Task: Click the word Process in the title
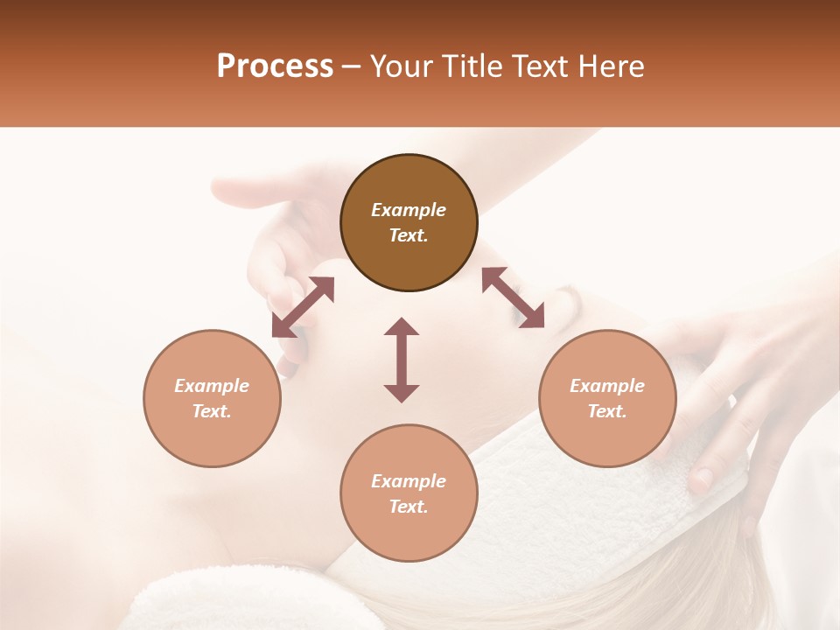point(275,66)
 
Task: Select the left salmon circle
point(212,398)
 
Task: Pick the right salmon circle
point(607,398)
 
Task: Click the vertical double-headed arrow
point(402,360)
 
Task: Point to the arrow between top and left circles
point(303,307)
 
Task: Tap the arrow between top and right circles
point(514,297)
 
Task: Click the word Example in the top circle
point(409,210)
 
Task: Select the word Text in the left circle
point(212,411)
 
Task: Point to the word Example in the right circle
point(607,386)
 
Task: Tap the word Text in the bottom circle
point(409,507)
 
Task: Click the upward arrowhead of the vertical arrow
point(402,326)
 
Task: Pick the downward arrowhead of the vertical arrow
point(402,393)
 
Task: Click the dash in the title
point(351,66)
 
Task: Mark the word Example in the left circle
point(212,386)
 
